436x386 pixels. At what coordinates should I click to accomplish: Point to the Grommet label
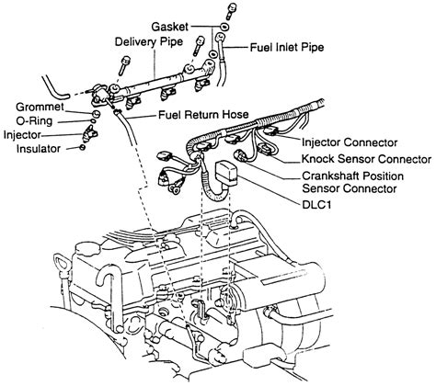40,107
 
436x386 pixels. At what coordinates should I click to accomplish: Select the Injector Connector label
350,143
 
